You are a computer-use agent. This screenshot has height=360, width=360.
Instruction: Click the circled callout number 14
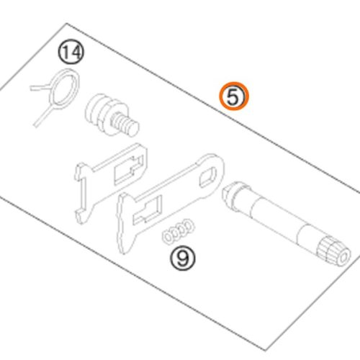[71, 53]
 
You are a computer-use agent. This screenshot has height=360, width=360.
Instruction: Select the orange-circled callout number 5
[234, 96]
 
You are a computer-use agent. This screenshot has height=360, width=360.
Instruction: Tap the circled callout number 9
[183, 258]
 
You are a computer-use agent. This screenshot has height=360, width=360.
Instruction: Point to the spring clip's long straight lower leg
[44, 116]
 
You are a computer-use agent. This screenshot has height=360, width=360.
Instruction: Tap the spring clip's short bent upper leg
[40, 88]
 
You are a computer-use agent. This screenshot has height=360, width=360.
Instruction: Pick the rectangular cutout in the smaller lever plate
[128, 169]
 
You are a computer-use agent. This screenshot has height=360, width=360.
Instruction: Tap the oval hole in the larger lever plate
[207, 178]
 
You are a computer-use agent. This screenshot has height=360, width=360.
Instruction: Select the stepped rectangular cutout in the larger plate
[147, 210]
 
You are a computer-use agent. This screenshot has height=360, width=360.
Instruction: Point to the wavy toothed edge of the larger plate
[122, 225]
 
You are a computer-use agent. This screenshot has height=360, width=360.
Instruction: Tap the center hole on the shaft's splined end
[343, 258]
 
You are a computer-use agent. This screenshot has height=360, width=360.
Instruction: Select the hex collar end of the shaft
[232, 195]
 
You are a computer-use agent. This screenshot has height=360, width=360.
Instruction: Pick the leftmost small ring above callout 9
[168, 238]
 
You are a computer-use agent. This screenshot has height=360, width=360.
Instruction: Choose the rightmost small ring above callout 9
[189, 226]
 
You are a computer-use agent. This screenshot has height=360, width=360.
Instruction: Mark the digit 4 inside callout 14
[76, 53]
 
